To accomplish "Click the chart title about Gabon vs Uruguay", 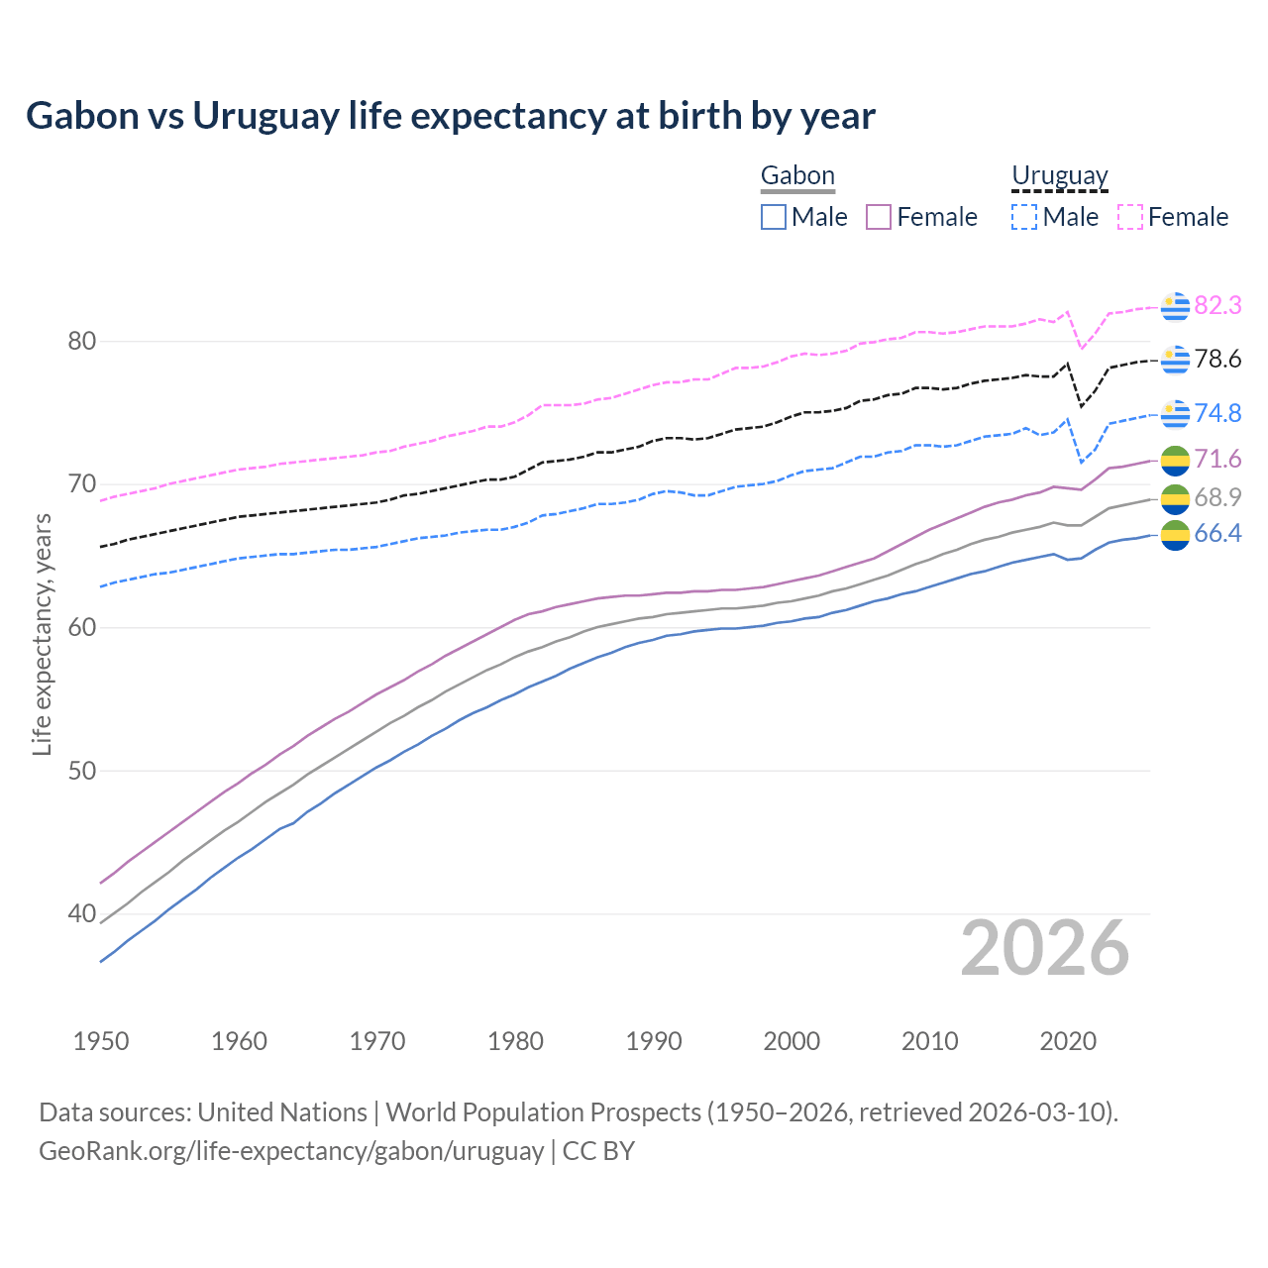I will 451,116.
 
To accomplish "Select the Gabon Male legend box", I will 774,217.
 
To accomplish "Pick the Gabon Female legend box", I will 879,217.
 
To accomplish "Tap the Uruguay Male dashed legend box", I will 1024,217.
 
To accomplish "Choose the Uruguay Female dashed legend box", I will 1130,217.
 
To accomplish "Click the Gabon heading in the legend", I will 797,175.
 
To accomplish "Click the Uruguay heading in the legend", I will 1059,175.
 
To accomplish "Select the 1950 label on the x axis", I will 101,1041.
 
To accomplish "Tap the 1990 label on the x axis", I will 654,1041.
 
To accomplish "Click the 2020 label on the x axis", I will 1068,1041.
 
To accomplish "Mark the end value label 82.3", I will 1217,306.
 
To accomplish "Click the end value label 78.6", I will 1217,360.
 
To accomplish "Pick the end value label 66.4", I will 1217,534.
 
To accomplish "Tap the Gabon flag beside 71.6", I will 1175,460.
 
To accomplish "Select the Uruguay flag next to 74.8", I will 1175,414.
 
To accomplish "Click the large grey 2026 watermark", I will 1045,949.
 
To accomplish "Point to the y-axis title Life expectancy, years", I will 42,634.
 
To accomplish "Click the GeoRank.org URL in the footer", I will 291,1151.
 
